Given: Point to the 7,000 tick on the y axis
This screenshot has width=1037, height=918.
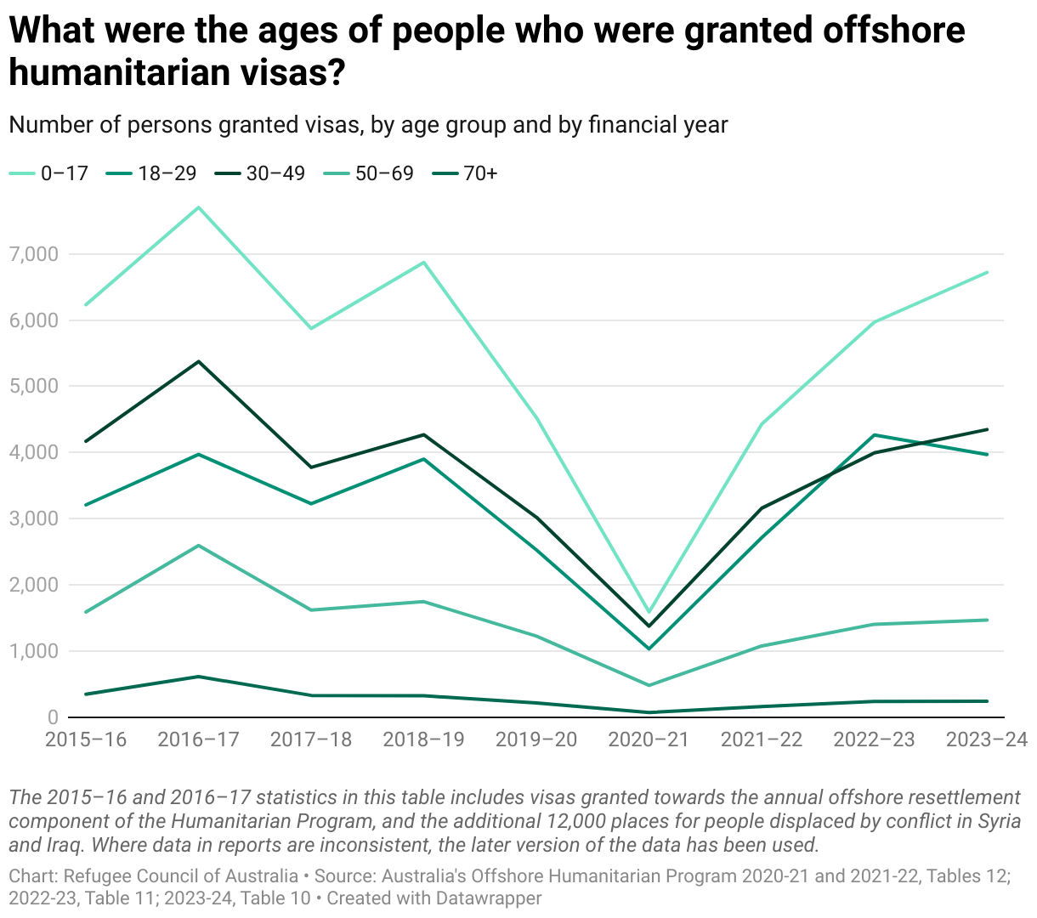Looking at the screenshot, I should point(34,254).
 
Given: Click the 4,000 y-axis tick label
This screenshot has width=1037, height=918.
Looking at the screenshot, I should point(34,452).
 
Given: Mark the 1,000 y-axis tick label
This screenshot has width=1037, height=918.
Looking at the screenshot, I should point(34,651).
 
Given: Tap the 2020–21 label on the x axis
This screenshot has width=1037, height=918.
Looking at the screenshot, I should point(649,739).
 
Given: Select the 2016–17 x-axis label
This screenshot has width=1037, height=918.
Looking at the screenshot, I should point(199,739).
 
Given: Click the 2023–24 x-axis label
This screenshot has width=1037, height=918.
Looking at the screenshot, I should point(987,739).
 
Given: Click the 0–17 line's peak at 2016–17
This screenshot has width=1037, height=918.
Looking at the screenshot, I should point(198,207).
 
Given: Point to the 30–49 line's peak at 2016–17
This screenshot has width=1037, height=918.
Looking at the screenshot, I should point(198,361).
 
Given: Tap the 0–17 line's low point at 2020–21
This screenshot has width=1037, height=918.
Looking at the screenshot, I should point(649,612).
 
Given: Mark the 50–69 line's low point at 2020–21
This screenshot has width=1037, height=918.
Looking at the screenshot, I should point(649,685).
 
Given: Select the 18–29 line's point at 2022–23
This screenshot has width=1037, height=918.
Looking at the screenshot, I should point(874,435).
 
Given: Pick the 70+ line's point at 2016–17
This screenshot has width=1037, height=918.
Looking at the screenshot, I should point(198,677).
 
